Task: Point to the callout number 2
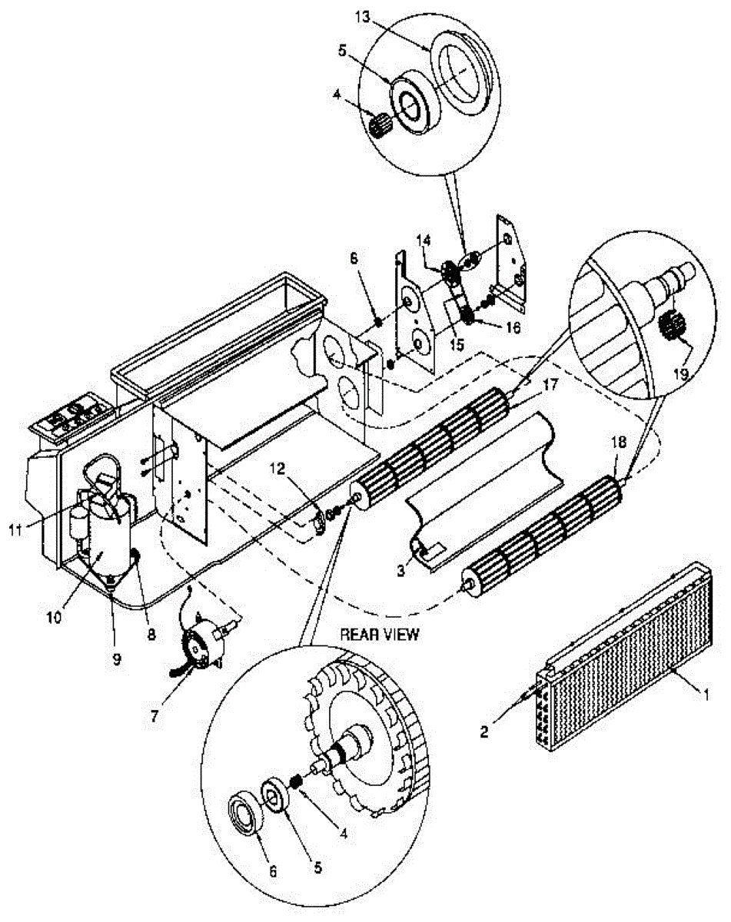click(484, 731)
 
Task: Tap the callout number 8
click(151, 635)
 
